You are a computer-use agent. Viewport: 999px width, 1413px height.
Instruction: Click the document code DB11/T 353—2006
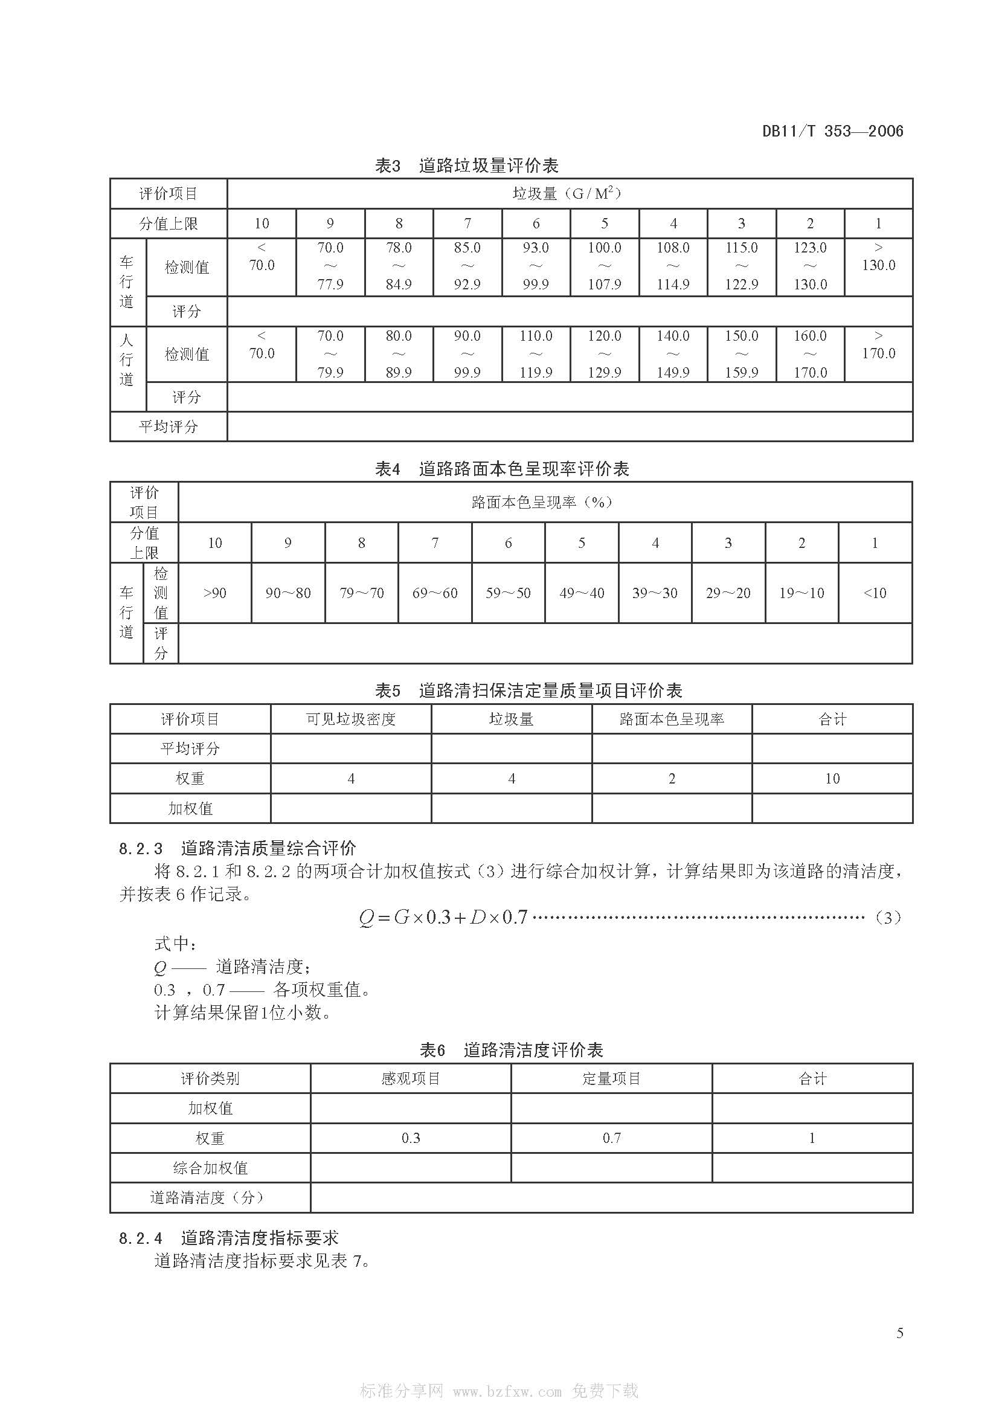pos(832,131)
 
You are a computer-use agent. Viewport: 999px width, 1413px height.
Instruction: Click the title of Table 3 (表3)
pos(466,166)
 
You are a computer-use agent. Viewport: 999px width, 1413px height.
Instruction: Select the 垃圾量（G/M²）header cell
pos(569,194)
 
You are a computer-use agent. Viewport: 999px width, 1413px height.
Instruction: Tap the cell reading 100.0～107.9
pos(604,266)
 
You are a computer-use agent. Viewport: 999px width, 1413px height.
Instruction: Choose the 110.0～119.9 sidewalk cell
pos(535,354)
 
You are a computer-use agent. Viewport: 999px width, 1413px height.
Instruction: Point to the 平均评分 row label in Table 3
pos(169,426)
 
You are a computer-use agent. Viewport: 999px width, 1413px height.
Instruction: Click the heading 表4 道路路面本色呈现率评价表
pos(502,469)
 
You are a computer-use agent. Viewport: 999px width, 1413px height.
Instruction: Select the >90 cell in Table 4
pos(214,593)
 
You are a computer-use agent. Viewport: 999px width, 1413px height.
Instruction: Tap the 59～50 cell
pos(508,593)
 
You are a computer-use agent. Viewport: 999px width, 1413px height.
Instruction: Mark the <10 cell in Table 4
pos(874,593)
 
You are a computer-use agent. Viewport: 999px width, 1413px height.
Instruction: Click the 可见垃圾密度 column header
pos(351,719)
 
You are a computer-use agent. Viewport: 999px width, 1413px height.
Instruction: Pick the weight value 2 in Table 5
pos(672,779)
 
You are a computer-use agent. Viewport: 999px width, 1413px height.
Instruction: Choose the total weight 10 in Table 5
pos(832,779)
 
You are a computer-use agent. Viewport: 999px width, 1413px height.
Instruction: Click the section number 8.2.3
pos(141,849)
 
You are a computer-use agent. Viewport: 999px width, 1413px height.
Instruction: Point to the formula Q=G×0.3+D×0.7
pos(443,918)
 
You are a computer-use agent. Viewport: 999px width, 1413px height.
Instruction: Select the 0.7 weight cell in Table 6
pos(611,1138)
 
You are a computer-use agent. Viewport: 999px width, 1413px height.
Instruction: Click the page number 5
pos(899,1334)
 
